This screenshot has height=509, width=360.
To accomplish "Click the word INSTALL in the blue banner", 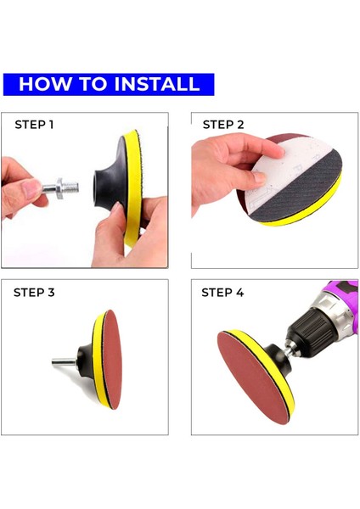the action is click(x=157, y=84).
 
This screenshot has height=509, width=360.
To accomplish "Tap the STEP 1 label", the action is click(x=34, y=125).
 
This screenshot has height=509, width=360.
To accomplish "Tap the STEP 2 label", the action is click(x=223, y=125).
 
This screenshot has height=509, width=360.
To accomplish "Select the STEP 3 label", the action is click(x=34, y=293).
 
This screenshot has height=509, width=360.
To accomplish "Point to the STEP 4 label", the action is click(x=222, y=293).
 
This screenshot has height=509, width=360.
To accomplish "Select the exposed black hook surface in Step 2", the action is click(x=299, y=192).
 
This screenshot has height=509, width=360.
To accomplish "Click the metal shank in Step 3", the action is click(x=64, y=361).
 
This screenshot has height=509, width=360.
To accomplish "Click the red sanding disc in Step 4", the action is click(x=253, y=378).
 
